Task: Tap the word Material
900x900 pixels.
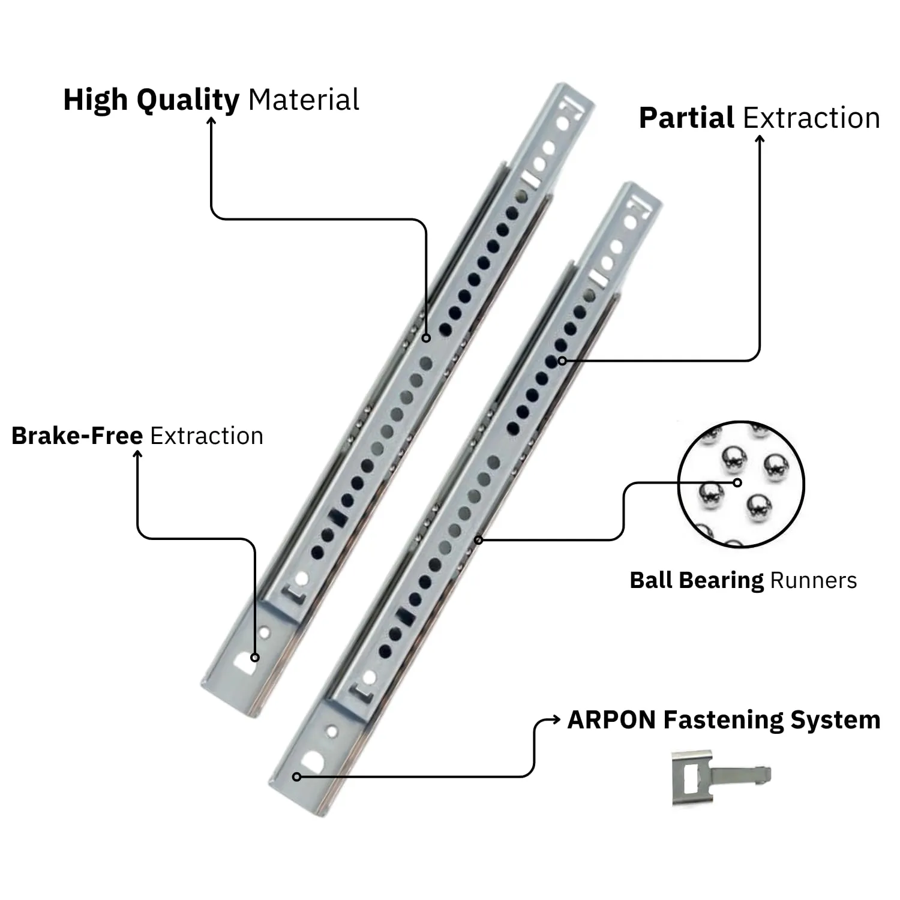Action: click(304, 99)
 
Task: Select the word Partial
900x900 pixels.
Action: click(686, 118)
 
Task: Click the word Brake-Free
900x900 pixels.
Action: click(77, 436)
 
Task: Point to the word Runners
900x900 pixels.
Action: click(813, 580)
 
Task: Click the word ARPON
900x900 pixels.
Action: click(612, 720)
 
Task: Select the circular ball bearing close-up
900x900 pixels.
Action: click(741, 484)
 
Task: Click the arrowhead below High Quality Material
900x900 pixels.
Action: click(211, 121)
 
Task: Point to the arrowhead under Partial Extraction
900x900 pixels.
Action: click(760, 139)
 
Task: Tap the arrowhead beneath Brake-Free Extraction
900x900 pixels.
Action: click(137, 454)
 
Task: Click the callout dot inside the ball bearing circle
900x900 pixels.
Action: click(738, 482)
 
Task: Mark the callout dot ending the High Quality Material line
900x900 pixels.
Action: click(426, 338)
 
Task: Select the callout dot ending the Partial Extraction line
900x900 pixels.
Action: click(562, 361)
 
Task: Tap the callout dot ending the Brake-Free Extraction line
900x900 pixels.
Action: click(255, 658)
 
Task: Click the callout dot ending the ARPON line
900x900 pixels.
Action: click(296, 777)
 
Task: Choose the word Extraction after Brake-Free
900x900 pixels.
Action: click(206, 436)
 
